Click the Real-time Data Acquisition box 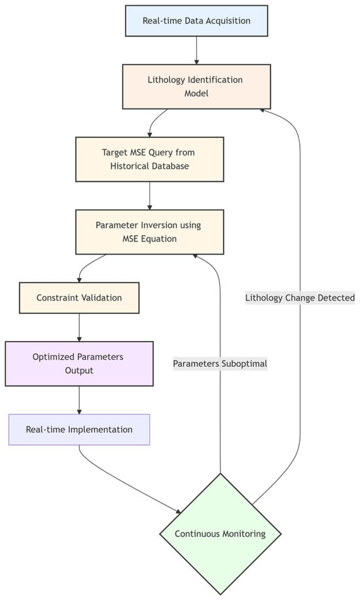(x=196, y=20)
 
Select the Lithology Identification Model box (x=196, y=86)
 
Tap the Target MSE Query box (x=149, y=159)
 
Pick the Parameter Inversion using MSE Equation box (x=149, y=232)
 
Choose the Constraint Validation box (x=79, y=298)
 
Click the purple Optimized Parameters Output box (x=79, y=364)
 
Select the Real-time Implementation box (x=79, y=430)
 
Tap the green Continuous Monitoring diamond (x=221, y=533)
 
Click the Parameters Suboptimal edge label (x=221, y=363)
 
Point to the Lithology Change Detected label (x=300, y=298)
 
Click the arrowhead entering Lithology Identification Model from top (x=196, y=61)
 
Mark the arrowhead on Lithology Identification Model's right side (x=262, y=109)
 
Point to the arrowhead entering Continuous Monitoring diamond (x=177, y=511)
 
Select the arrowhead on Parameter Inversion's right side (x=194, y=256)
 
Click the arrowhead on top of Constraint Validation (x=79, y=279)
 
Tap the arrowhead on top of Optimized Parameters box (x=79, y=338)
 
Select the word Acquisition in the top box (x=223, y=20)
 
